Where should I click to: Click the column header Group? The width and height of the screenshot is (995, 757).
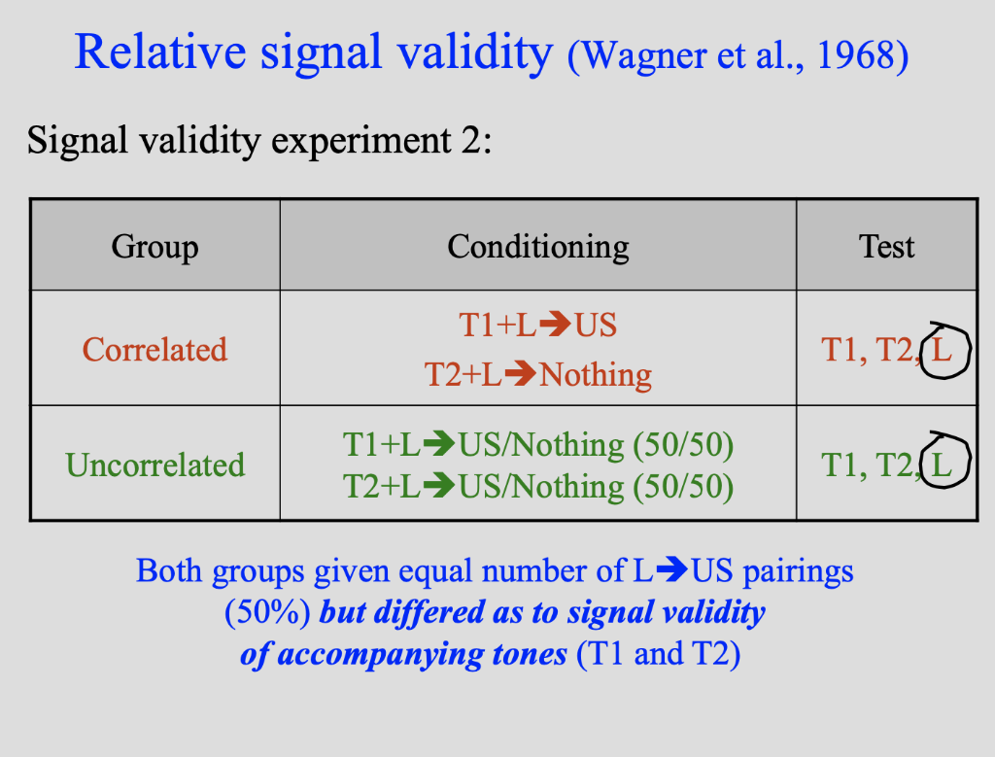click(154, 247)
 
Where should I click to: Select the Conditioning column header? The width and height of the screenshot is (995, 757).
click(537, 247)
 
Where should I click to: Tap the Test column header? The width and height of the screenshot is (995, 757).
click(886, 247)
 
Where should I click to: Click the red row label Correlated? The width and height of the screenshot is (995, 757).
click(154, 350)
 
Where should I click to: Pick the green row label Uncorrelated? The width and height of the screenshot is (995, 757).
click(154, 465)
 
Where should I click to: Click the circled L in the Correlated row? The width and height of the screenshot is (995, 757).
click(942, 350)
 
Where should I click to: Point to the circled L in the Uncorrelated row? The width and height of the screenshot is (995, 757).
click(941, 465)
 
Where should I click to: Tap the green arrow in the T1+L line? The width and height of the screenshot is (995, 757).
click(439, 445)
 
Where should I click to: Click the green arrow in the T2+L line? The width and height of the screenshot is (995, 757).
click(439, 485)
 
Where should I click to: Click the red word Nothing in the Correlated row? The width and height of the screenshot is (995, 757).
click(595, 374)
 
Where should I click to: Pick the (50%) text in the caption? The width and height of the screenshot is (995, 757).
click(267, 613)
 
